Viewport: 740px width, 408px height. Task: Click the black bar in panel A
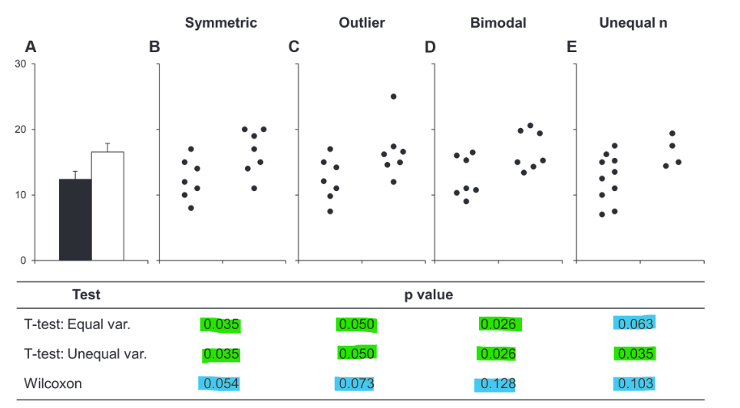pyautogui.click(x=75, y=219)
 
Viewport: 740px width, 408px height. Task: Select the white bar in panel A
pyautogui.click(x=107, y=206)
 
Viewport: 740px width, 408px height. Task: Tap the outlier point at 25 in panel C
pyautogui.click(x=394, y=97)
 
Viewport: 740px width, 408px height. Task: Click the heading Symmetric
pyautogui.click(x=221, y=23)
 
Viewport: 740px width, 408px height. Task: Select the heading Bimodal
pyautogui.click(x=498, y=23)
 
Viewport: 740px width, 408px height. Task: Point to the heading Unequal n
pyautogui.click(x=633, y=23)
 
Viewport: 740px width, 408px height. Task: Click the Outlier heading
pyautogui.click(x=362, y=23)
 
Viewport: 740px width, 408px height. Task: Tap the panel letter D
pyautogui.click(x=430, y=48)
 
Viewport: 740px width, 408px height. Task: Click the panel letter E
pyautogui.click(x=571, y=48)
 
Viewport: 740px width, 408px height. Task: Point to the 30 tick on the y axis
pyautogui.click(x=21, y=64)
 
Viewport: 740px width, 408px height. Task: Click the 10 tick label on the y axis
pyautogui.click(x=21, y=195)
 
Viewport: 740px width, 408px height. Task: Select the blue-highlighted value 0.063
pyautogui.click(x=635, y=324)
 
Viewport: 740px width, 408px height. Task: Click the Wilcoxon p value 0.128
pyautogui.click(x=497, y=383)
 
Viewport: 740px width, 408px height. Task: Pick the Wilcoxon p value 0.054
pyautogui.click(x=220, y=383)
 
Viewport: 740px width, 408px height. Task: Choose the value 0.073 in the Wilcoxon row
pyautogui.click(x=357, y=383)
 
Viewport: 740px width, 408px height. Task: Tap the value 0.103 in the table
pyautogui.click(x=635, y=383)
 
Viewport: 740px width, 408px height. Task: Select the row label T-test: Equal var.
pyautogui.click(x=77, y=324)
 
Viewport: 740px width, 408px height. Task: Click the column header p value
pyautogui.click(x=428, y=294)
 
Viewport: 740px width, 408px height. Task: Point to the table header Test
pyautogui.click(x=86, y=294)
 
